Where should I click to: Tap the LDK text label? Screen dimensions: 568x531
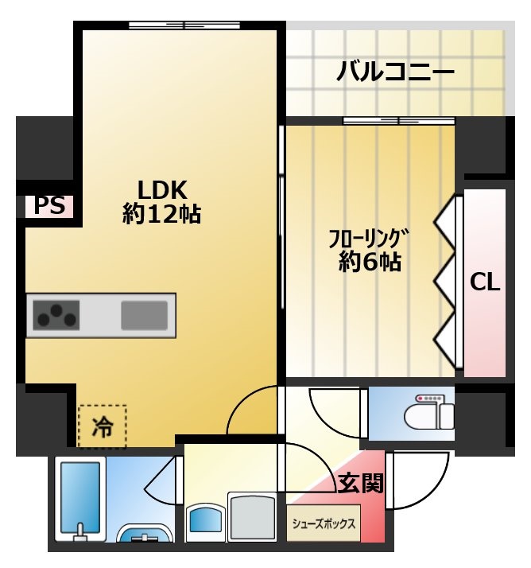[x=161, y=190]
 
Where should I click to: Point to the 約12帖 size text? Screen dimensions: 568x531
[x=161, y=215]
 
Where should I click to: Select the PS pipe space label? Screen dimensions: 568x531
[x=48, y=206]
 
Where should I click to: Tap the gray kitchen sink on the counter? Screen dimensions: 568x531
[x=144, y=315]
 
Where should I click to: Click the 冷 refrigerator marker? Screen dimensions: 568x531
[x=103, y=427]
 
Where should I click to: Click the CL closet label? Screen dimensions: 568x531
[x=484, y=282]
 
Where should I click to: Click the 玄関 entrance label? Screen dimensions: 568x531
[x=360, y=482]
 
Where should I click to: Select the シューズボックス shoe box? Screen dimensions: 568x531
[x=324, y=524]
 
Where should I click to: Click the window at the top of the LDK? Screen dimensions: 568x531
[x=184, y=24]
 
